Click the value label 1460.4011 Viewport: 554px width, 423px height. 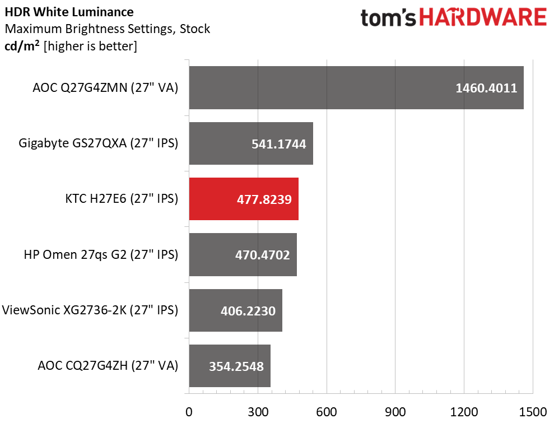[486, 88]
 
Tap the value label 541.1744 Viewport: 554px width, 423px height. [278, 144]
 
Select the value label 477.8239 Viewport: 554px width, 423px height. [264, 199]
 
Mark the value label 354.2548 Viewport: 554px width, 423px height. [236, 366]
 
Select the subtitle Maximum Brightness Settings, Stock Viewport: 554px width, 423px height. [107, 29]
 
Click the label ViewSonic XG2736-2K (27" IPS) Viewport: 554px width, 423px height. [91, 310]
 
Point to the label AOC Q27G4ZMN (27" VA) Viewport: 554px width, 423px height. [105, 88]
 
